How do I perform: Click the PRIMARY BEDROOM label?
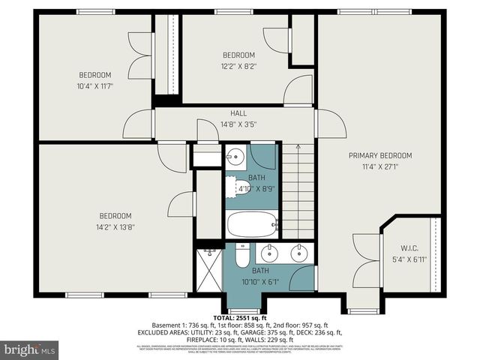(379, 155)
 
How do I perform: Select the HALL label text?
(238, 113)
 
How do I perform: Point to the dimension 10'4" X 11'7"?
(95, 85)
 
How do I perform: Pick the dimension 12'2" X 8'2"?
(238, 66)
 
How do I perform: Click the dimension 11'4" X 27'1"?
(379, 166)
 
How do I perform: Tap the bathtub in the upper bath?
(252, 223)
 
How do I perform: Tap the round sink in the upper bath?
(235, 158)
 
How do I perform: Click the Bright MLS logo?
(30, 349)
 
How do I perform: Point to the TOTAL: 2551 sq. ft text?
(240, 318)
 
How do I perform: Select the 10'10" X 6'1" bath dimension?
(260, 282)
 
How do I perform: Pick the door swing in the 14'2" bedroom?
(181, 204)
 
